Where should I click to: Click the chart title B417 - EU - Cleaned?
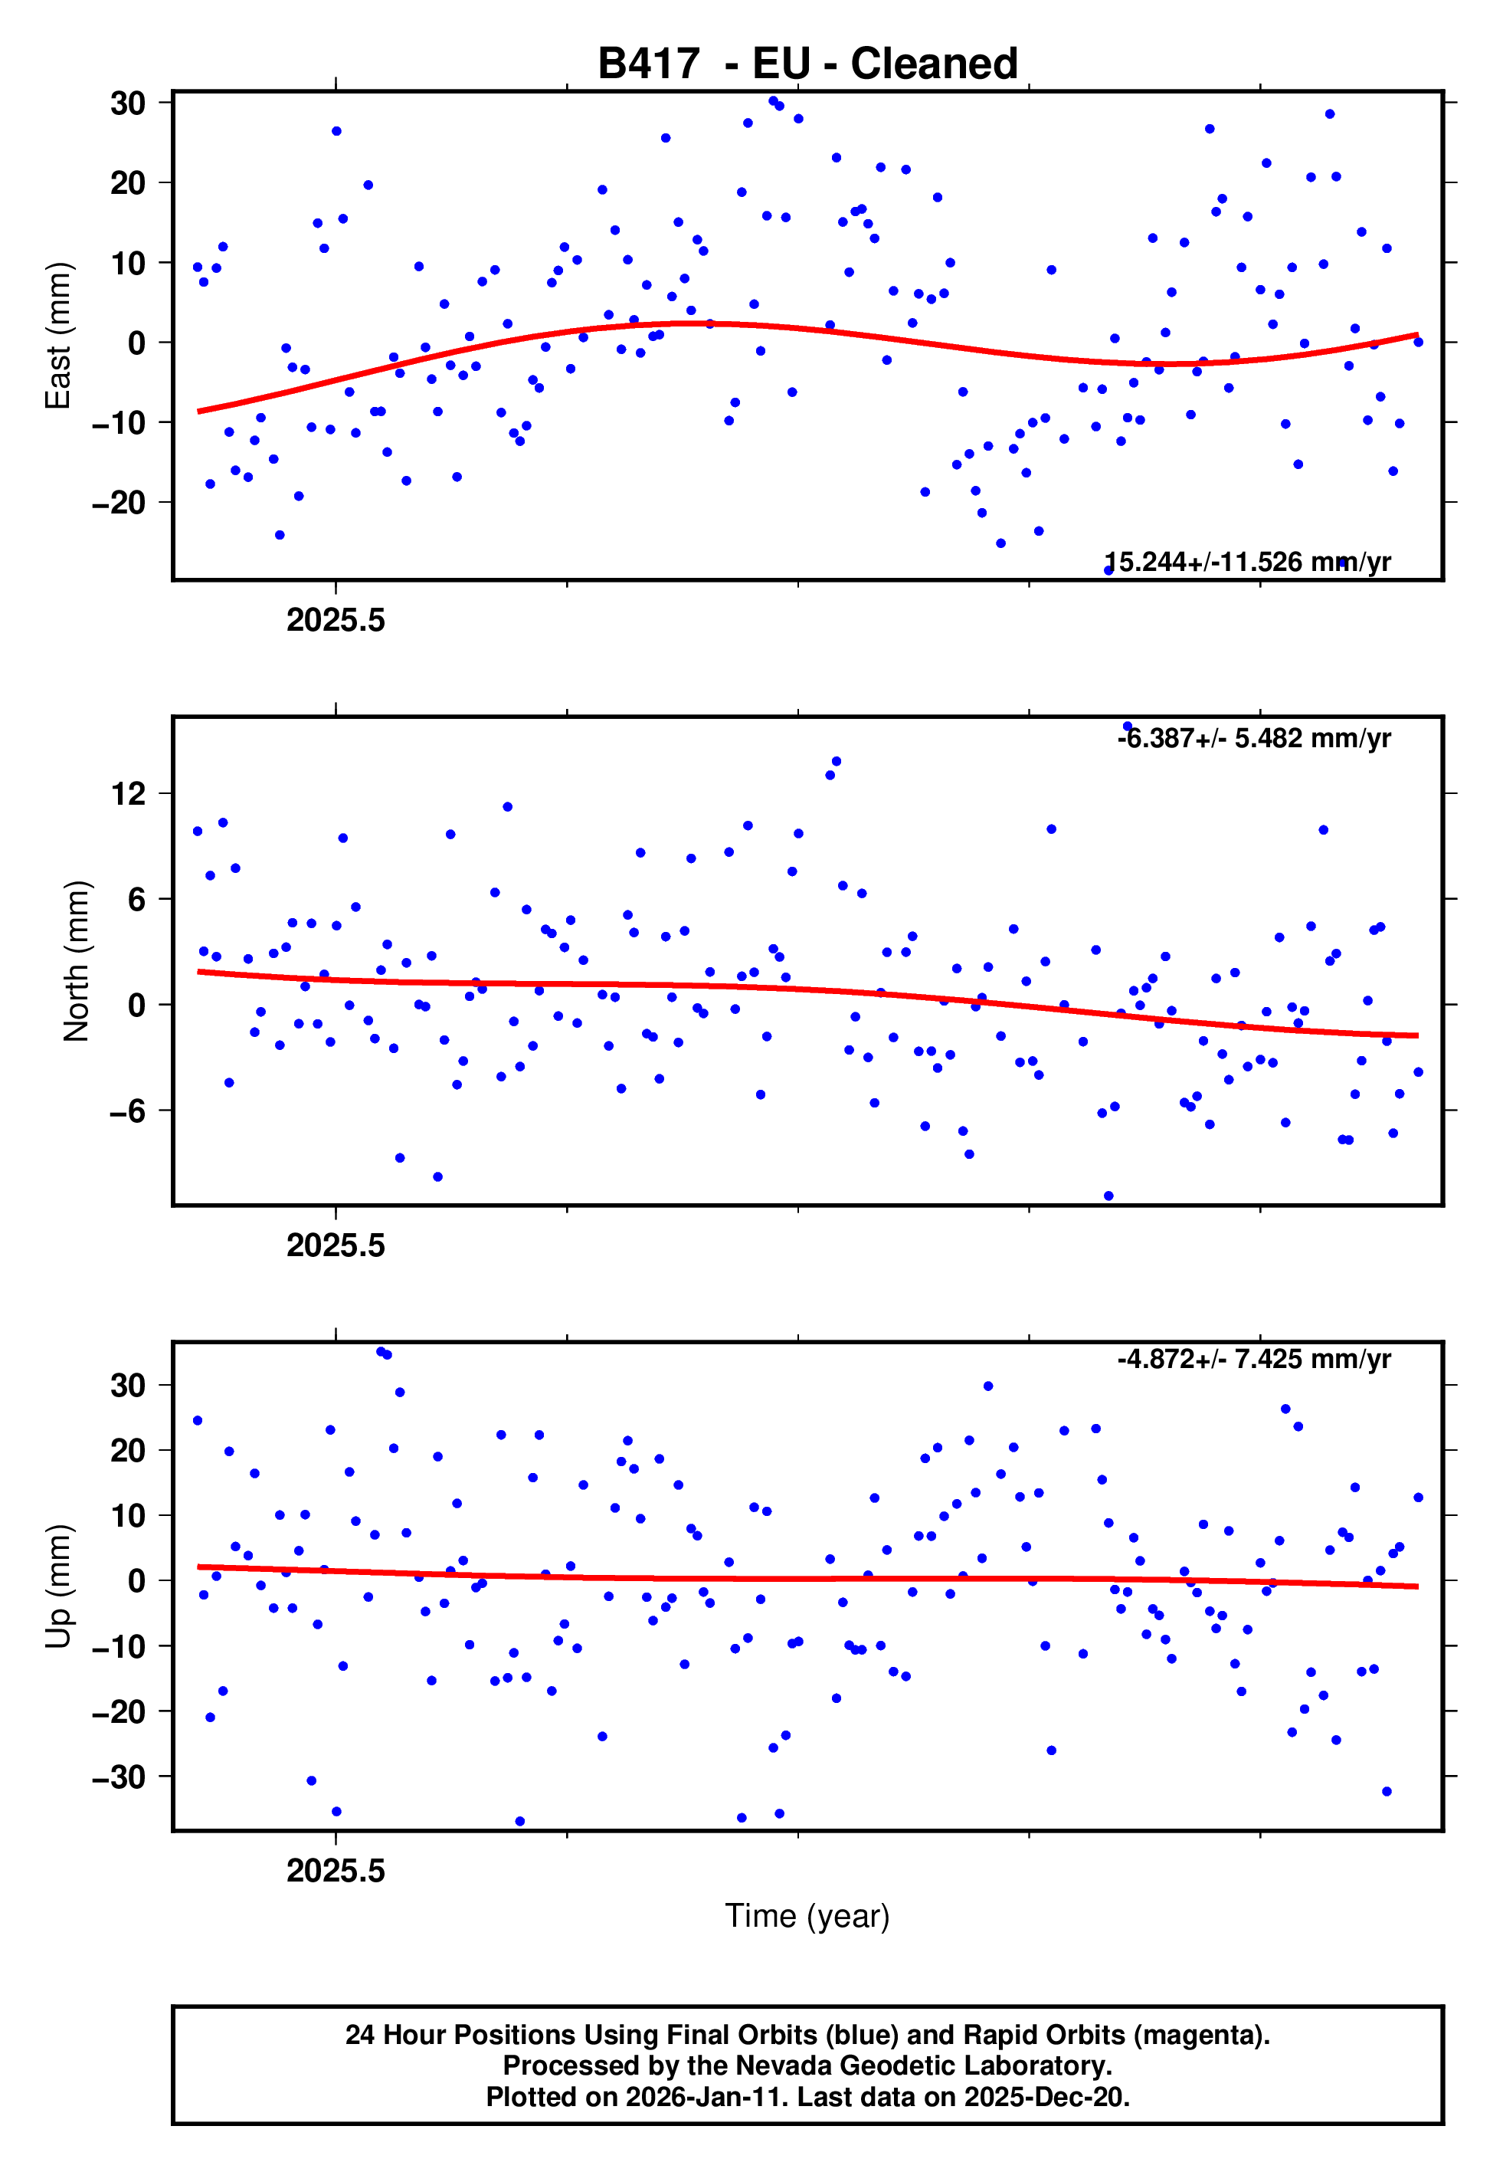point(807,64)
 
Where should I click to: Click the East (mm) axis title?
point(58,336)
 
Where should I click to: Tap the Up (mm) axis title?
point(58,1586)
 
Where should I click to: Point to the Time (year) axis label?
point(807,1916)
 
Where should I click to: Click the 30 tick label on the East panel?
point(128,103)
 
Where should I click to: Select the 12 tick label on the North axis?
point(128,794)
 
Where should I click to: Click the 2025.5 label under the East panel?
point(336,621)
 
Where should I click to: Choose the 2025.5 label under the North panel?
point(336,1246)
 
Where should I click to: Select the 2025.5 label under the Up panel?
point(336,1871)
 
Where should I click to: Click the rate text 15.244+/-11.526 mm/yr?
point(1247,563)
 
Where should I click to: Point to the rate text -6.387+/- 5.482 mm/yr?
point(1253,739)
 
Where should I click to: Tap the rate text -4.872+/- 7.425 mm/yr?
point(1253,1359)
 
